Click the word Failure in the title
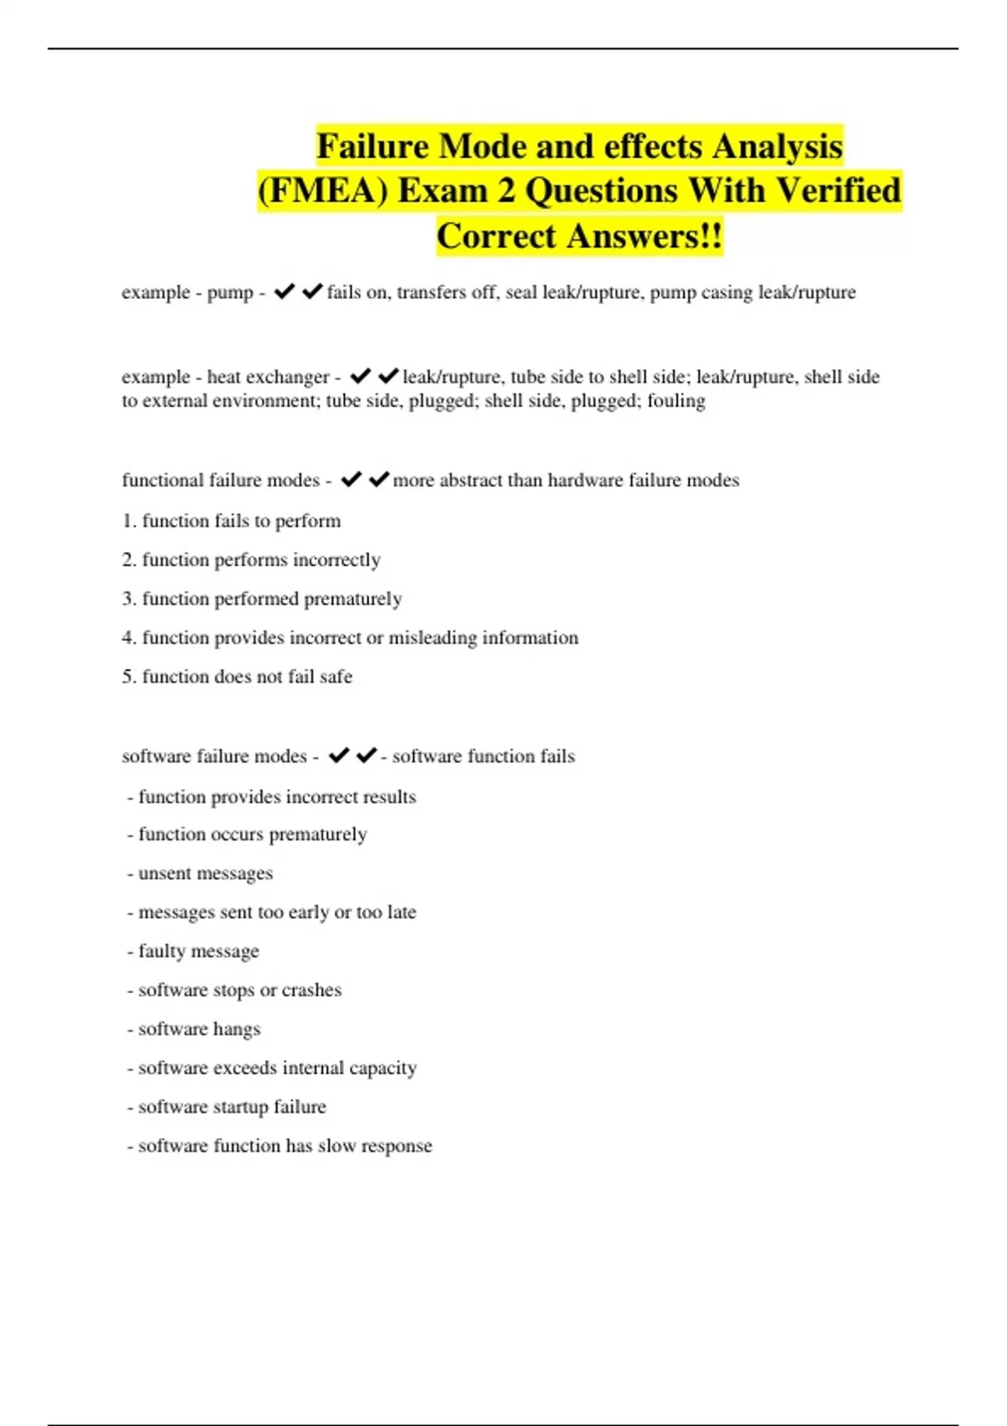(x=373, y=147)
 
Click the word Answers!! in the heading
(x=644, y=237)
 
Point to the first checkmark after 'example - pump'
(x=284, y=292)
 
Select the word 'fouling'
(x=676, y=401)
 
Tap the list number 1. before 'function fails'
(x=128, y=521)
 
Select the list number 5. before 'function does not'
(x=128, y=677)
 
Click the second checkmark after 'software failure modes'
(x=366, y=756)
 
